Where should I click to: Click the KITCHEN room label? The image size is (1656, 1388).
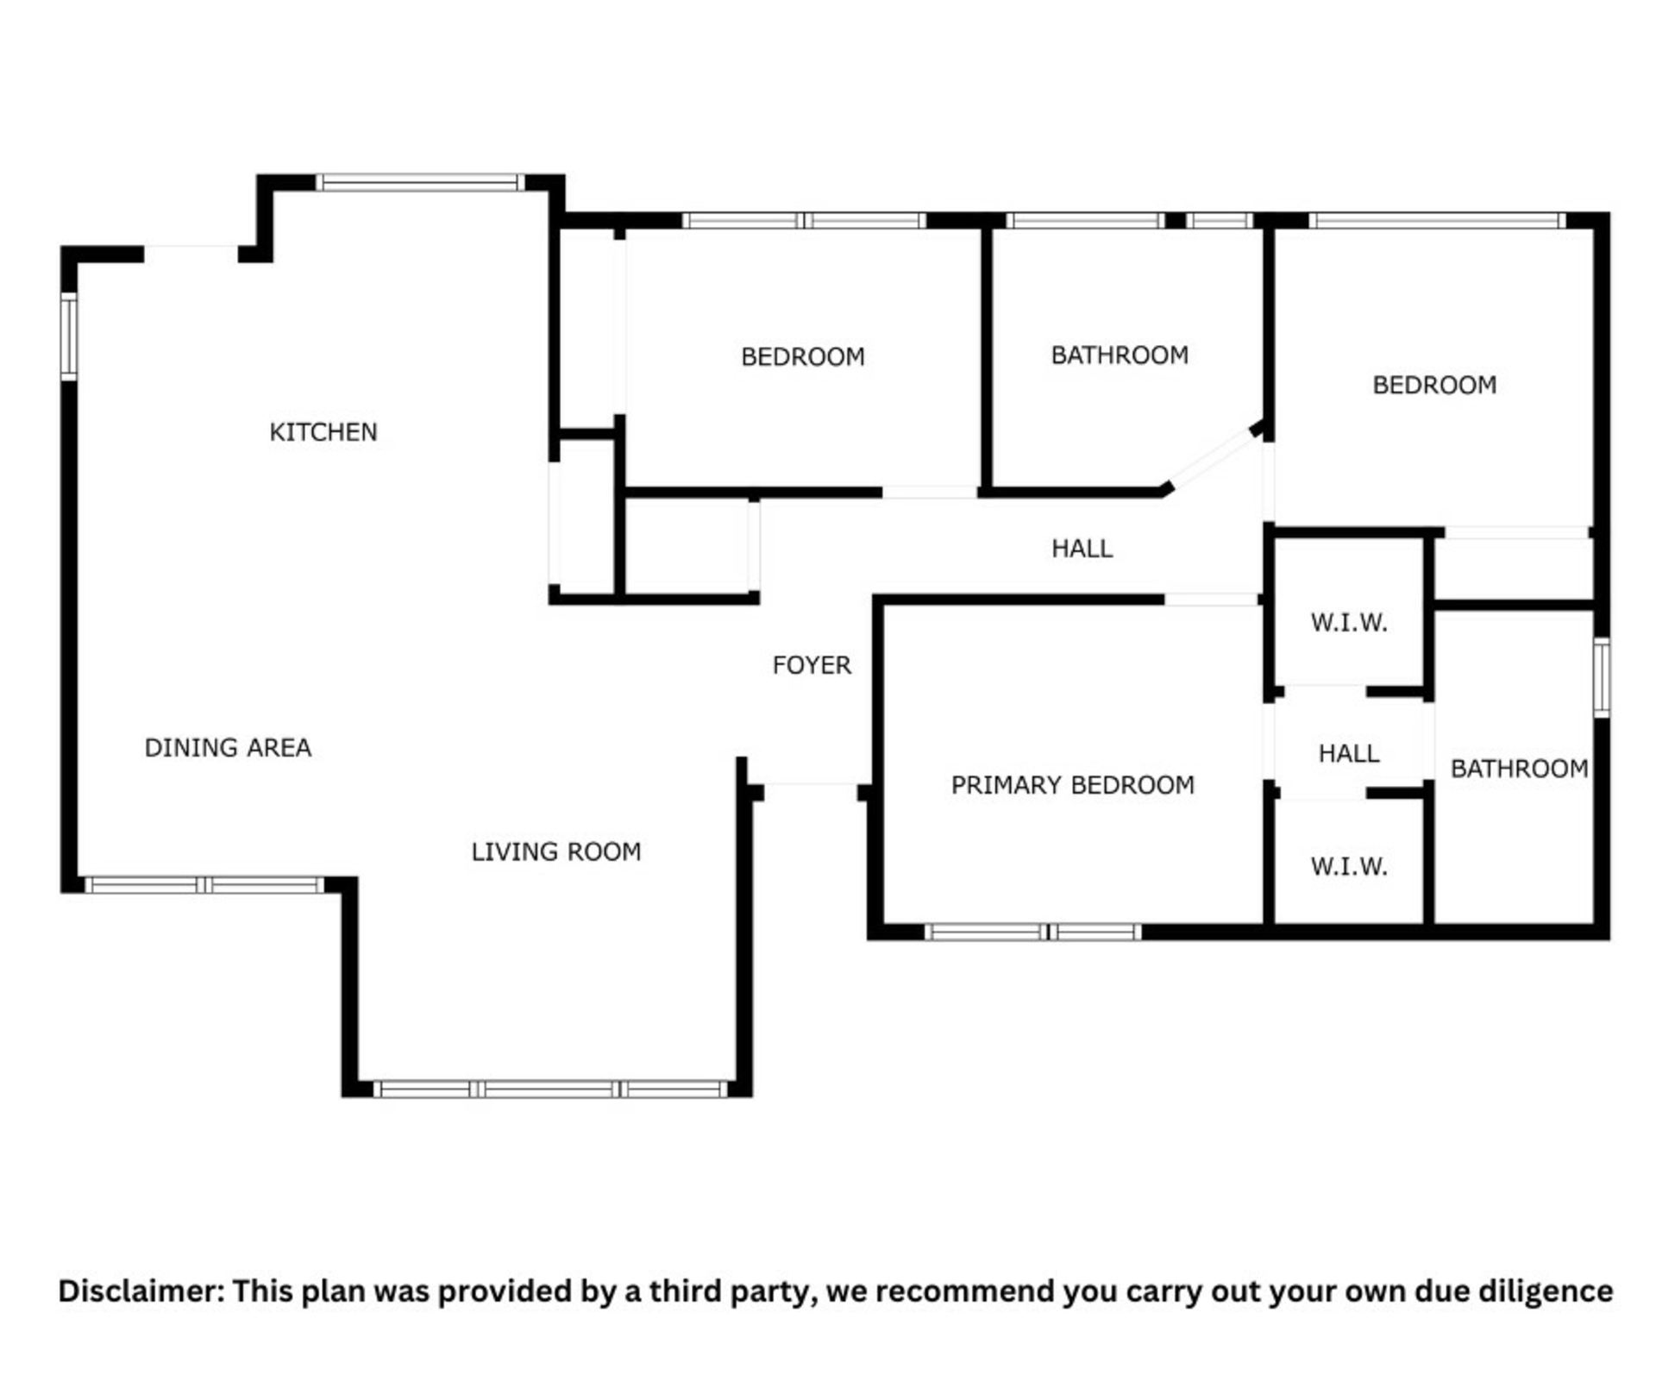tap(323, 431)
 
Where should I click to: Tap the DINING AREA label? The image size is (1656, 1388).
tap(228, 747)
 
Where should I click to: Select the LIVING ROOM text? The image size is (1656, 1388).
tap(556, 851)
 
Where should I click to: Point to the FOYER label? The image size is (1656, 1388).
tap(812, 665)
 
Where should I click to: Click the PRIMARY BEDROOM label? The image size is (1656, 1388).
tap(1073, 785)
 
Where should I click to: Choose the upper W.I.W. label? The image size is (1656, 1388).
tap(1349, 623)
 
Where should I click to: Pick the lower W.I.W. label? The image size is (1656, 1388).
tap(1349, 866)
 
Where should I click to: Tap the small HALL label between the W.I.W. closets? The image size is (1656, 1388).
tap(1349, 754)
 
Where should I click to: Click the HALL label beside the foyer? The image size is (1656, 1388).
tap(1082, 549)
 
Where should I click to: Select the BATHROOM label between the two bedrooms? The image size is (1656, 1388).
tap(1120, 355)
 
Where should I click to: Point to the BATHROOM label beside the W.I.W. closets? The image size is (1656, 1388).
tap(1519, 769)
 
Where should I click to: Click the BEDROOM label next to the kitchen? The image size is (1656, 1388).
tap(803, 357)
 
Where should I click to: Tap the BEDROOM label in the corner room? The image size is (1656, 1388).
tap(1434, 385)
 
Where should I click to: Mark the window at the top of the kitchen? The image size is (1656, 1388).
tap(420, 183)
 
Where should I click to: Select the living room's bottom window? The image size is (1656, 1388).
tap(550, 1089)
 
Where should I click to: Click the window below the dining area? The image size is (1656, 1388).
tap(204, 885)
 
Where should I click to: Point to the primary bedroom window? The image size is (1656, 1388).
tap(1033, 932)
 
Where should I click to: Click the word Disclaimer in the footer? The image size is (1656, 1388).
tap(141, 1291)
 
